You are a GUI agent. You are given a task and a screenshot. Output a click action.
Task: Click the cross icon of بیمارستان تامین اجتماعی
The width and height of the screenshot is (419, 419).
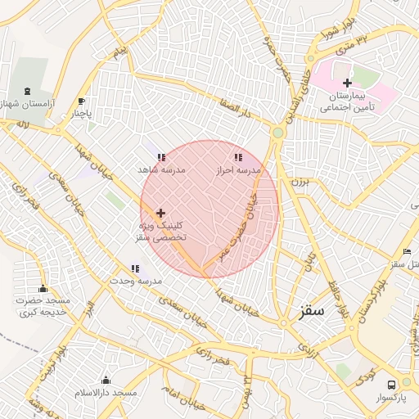point(347,83)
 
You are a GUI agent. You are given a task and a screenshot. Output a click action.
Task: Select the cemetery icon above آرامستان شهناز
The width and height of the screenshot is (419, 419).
point(30,91)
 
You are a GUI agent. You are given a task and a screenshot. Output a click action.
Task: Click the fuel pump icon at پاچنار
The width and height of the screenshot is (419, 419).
point(81,101)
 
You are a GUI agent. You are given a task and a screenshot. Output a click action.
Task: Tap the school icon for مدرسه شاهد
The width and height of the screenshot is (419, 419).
point(161,156)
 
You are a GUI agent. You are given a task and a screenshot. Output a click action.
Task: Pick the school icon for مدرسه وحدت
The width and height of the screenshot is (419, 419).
point(135,268)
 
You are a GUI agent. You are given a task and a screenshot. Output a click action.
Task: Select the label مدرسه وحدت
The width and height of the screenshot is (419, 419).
point(137,281)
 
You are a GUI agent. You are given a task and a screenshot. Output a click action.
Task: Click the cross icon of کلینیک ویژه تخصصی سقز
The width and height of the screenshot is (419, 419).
point(160,213)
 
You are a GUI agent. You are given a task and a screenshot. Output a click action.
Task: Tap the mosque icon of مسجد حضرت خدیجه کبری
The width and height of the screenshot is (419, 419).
point(43,288)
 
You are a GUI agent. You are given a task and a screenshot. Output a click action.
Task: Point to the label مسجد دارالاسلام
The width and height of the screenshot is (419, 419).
point(106,394)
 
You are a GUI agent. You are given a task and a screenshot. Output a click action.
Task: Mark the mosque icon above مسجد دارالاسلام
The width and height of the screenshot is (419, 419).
point(106,380)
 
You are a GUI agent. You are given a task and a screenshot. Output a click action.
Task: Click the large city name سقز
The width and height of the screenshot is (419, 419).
point(312,311)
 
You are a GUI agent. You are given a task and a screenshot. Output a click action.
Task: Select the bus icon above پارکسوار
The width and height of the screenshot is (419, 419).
point(391,384)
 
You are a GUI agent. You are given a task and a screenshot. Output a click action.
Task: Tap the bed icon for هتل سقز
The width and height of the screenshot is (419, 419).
point(407,251)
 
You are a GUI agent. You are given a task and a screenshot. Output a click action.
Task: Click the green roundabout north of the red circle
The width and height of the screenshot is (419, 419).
point(278,132)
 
